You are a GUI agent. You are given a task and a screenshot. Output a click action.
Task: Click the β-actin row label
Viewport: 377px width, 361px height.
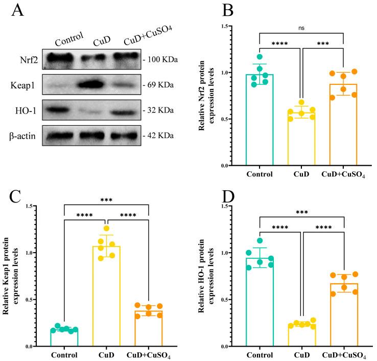26,135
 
